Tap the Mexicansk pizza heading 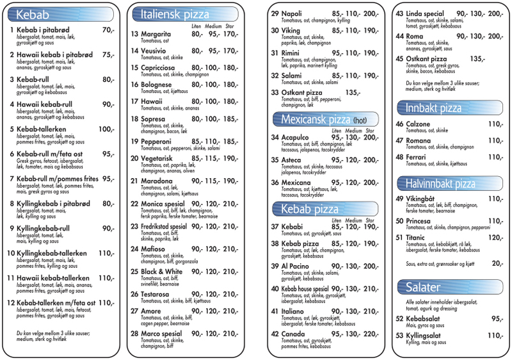[313, 119]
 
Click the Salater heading [422, 286]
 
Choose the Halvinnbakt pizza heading [440, 184]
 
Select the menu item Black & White [161, 272]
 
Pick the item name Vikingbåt [422, 199]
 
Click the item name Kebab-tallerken [44, 129]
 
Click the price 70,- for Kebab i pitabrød [109, 30]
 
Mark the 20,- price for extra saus [497, 263]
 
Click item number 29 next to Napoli [275, 14]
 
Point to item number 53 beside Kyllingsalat [399, 336]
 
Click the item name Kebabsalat [426, 319]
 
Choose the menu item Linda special [425, 14]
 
